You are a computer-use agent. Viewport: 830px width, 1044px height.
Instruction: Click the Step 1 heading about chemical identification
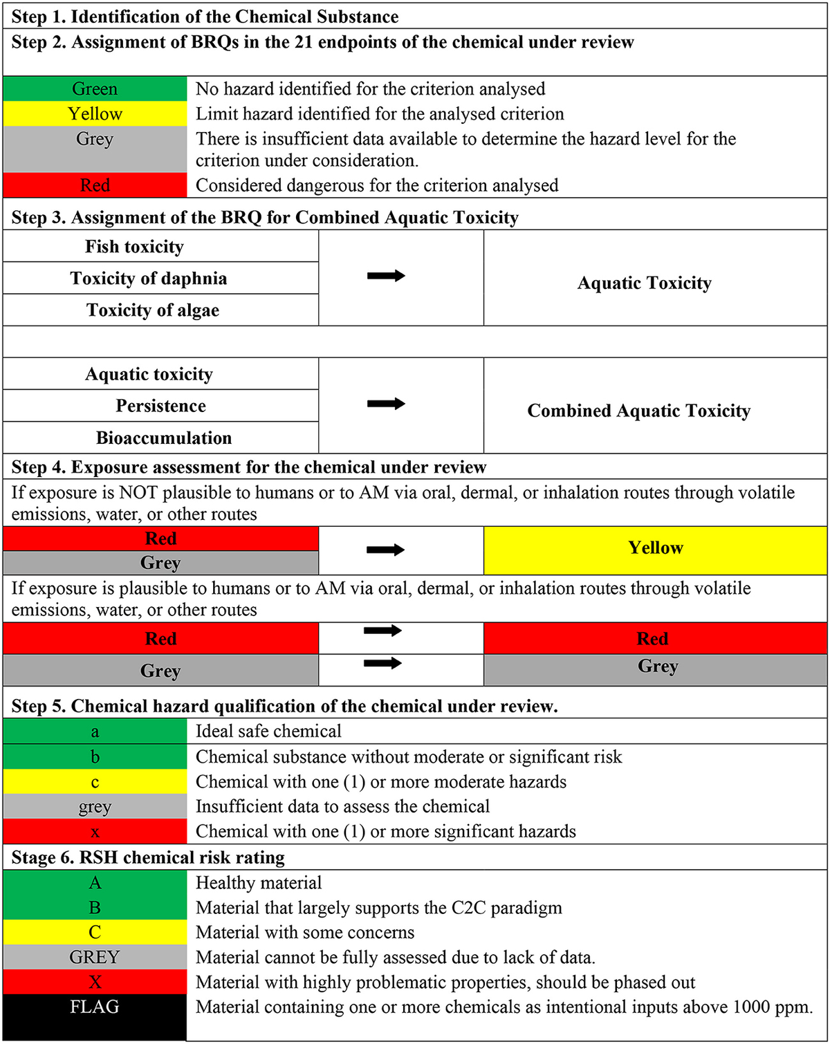tap(205, 17)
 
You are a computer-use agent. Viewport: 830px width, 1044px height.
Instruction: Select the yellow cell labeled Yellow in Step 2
tap(95, 114)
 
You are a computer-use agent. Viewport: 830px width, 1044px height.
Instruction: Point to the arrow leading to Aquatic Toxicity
tap(386, 276)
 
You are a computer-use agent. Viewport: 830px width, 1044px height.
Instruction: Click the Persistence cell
tap(160, 406)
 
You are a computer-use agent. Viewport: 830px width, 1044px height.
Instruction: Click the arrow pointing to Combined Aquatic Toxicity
tap(386, 404)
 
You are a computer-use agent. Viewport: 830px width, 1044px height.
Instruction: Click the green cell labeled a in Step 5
tap(95, 731)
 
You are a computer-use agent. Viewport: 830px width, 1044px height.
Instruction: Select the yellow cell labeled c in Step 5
tap(95, 782)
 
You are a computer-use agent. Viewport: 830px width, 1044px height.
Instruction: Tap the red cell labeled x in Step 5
tap(95, 832)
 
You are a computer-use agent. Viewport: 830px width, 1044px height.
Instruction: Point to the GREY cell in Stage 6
tap(95, 958)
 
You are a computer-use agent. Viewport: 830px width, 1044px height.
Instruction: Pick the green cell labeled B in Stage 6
tap(95, 908)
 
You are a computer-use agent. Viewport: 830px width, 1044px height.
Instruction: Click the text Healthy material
tap(259, 883)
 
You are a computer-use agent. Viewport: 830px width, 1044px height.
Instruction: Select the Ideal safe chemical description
tap(268, 731)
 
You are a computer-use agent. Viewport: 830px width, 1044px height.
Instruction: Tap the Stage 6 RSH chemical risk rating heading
tap(148, 858)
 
